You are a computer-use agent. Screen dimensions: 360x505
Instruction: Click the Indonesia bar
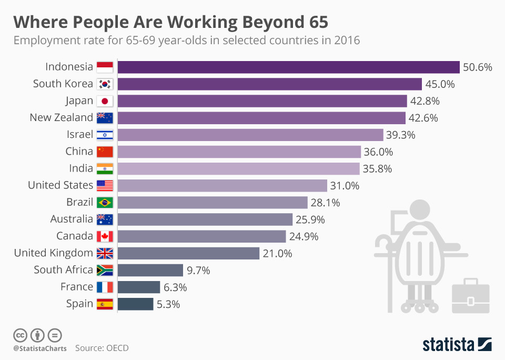pos(288,67)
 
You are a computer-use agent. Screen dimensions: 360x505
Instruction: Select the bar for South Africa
pos(150,270)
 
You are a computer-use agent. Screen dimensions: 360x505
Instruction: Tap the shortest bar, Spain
pos(135,304)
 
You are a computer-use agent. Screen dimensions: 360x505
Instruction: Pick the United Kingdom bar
pos(188,253)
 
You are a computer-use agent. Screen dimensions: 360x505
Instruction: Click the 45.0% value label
pos(440,84)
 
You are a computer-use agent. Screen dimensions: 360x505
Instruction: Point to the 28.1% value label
pos(325,203)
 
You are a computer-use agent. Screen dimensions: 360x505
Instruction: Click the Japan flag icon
pos(105,101)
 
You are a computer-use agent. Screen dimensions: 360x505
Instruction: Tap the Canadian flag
pos(105,236)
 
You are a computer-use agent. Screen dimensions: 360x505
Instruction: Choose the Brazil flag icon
pos(105,203)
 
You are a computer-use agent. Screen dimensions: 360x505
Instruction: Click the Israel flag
pos(105,135)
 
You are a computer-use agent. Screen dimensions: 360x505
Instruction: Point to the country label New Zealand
pos(61,117)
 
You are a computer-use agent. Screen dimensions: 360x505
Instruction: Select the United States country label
pos(60,185)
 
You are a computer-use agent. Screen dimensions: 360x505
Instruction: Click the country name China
pos(79,152)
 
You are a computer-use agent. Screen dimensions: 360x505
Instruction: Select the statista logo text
pos(448,345)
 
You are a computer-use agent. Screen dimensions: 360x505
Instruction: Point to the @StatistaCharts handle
pos(40,348)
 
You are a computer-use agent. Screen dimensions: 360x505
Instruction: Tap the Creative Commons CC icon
pos(20,335)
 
